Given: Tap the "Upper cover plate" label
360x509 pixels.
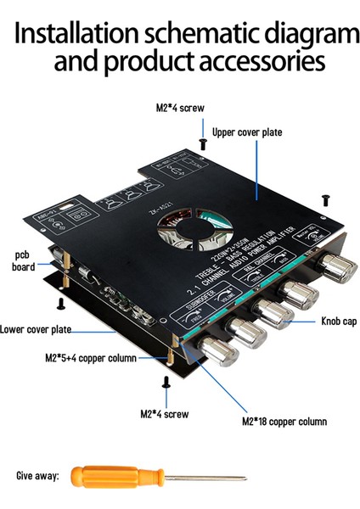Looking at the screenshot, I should pyautogui.click(x=247, y=132).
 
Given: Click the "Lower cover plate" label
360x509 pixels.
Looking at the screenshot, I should pyautogui.click(x=36, y=329).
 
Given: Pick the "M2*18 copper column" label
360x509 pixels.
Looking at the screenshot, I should pyautogui.click(x=284, y=421).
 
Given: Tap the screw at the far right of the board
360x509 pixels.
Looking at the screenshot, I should pyautogui.click(x=326, y=198).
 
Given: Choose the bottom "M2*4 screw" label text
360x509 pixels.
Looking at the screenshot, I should pyautogui.click(x=165, y=413).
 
